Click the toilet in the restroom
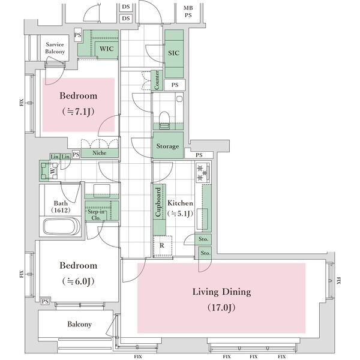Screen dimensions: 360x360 tap(164, 119)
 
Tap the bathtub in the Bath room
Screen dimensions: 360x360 tap(62, 226)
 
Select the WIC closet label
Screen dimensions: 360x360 tap(107, 49)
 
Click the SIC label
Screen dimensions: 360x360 tap(173, 53)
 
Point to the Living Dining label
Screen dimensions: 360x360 tap(221, 292)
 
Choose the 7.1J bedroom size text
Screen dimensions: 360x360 tap(78, 112)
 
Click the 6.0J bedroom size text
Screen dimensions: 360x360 tap(78, 281)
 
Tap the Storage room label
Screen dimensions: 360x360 tap(167, 146)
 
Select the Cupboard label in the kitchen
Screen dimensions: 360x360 tap(158, 202)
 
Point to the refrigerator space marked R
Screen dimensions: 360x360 tap(163, 246)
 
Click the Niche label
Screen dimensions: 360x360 tap(100, 153)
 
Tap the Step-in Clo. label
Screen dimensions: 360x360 tap(96, 215)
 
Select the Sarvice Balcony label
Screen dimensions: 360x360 tap(55, 48)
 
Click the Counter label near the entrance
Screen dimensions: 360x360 tap(157, 80)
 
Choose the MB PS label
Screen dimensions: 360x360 tap(188, 11)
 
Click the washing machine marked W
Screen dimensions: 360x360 tap(53, 171)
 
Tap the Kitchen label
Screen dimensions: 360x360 tap(180, 203)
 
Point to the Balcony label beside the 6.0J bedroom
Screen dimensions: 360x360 tap(79, 324)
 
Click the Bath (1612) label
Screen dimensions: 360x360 tap(61, 206)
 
